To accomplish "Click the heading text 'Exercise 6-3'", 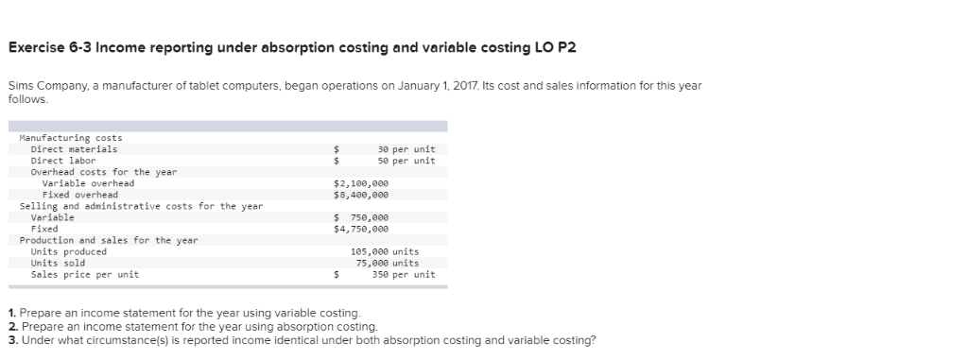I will tap(52, 48).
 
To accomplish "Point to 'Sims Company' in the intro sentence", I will tap(41, 86).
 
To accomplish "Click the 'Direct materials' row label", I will tap(74, 149).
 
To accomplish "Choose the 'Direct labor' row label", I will tap(63, 161).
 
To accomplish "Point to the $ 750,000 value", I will tap(361, 217).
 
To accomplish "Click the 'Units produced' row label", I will tap(68, 251).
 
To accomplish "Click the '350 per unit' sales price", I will tap(404, 274).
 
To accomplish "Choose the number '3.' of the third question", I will tap(11, 340).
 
